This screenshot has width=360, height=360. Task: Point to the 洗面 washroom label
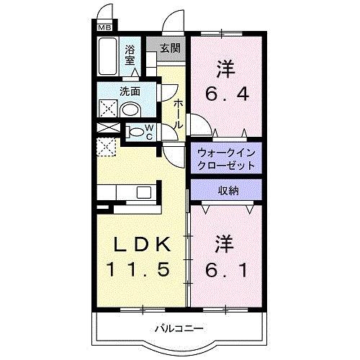[130, 91]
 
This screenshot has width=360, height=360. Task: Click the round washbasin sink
[130, 110]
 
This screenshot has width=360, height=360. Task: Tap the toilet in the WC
[135, 132]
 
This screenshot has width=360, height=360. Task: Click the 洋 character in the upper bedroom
[227, 68]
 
